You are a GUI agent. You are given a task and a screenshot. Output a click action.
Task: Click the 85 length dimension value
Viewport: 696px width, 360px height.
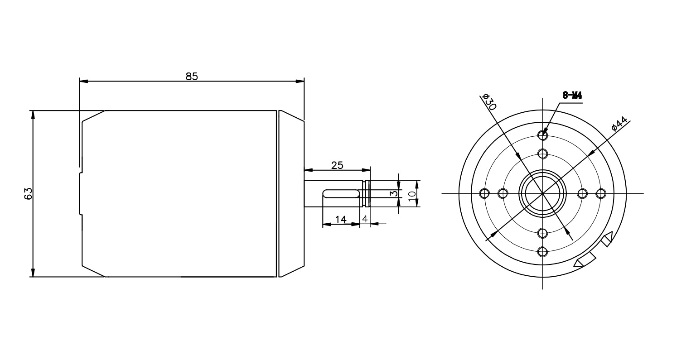192,76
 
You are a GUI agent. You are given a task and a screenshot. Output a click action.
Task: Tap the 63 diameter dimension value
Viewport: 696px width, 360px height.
28,193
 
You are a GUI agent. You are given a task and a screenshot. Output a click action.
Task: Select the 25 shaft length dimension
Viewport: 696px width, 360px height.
337,165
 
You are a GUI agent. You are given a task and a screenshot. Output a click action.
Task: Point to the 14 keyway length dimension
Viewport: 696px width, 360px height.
341,220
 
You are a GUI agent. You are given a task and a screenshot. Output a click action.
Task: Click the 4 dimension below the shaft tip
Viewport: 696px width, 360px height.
365,219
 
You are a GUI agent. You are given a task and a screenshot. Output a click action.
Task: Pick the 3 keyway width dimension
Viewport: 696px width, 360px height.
394,193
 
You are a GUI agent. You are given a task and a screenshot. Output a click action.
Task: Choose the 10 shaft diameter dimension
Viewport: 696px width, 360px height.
412,196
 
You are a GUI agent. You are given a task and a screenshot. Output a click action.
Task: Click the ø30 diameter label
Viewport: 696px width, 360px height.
489,102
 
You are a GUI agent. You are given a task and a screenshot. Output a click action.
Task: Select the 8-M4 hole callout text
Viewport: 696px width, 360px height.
572,95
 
